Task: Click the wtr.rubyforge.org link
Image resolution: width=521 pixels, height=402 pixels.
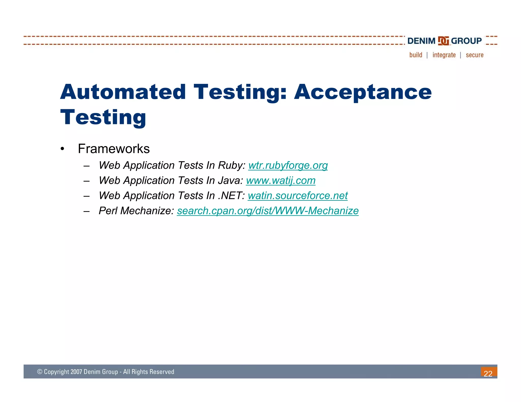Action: pos(288,165)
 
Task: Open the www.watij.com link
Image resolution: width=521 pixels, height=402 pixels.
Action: pos(281,181)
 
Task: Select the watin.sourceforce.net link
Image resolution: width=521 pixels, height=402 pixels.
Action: pos(297,196)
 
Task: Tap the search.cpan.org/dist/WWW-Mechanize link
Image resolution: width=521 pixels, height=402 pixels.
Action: pos(268,211)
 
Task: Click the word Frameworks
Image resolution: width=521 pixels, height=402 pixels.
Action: pos(114,149)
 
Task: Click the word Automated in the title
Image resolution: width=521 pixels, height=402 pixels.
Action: pos(123,92)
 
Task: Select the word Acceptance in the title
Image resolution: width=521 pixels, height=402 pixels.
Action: pos(363,92)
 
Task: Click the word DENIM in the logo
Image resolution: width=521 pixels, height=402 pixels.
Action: pos(421,41)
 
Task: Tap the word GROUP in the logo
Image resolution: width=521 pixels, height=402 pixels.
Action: pos(466,41)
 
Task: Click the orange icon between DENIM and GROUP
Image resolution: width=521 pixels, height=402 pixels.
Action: pos(443,41)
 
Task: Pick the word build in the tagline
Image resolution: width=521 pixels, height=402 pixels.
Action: pos(416,55)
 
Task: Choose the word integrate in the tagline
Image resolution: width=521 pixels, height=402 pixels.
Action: pos(444,55)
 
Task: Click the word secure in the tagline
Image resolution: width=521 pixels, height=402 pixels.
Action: pos(474,55)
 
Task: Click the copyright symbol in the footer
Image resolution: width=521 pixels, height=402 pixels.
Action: pos(40,372)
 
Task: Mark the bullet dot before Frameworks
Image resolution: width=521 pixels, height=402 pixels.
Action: pos(62,149)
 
